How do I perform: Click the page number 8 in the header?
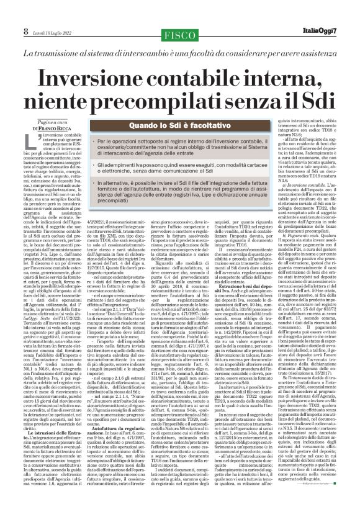(9, 14)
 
